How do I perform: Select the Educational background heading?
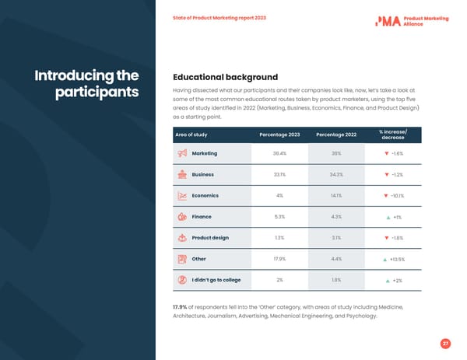[225, 77]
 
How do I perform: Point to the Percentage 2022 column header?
[336, 135]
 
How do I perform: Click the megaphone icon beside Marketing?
[181, 154]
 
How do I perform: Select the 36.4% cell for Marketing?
[279, 154]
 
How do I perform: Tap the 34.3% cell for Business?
[336, 175]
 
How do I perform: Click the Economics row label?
[205, 196]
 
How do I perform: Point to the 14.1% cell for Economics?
[336, 196]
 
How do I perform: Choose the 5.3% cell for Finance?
[279, 217]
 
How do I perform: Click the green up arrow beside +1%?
[388, 218]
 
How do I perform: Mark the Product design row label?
[210, 238]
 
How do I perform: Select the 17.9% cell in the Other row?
[279, 259]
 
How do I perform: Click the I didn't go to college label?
[216, 280]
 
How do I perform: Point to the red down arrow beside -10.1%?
[386, 196]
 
